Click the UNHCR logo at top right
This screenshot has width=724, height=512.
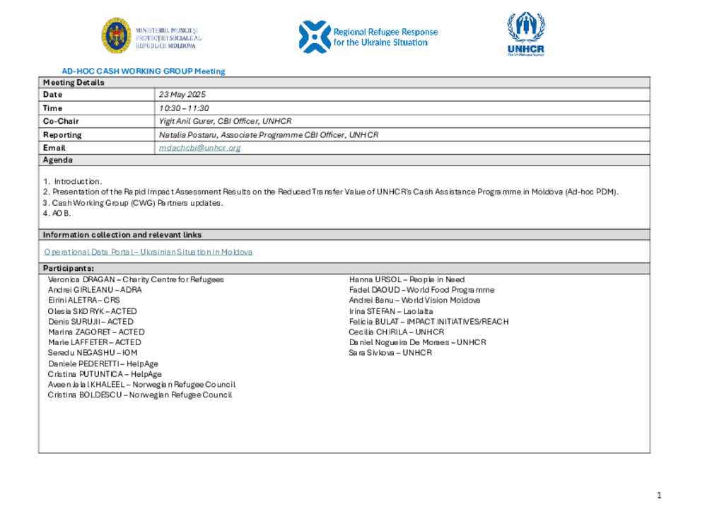click(525, 33)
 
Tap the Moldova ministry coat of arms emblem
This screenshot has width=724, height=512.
click(115, 35)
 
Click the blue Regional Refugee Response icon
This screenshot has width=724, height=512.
click(314, 37)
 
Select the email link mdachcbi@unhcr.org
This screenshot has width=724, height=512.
click(200, 148)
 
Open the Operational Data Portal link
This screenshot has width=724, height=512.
click(148, 252)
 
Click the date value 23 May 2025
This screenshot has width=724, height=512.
click(182, 95)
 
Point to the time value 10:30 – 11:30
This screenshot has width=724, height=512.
click(184, 108)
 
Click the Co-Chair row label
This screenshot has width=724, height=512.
click(61, 121)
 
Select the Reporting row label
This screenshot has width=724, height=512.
click(62, 134)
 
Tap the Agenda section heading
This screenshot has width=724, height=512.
click(58, 161)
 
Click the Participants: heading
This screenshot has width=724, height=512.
click(68, 269)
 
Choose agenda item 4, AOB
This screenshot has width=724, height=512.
click(57, 214)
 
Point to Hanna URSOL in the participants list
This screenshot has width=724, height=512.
click(375, 279)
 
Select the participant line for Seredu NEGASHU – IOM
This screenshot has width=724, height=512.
click(93, 352)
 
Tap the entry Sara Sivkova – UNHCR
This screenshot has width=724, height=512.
click(390, 352)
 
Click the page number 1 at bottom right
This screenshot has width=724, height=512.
click(659, 496)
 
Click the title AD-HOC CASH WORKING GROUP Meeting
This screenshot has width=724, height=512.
click(144, 71)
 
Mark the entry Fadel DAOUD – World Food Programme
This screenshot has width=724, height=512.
click(421, 290)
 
